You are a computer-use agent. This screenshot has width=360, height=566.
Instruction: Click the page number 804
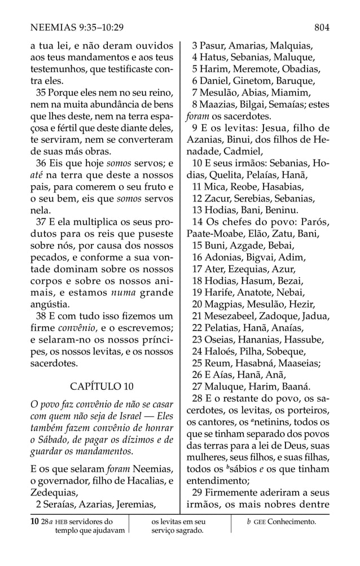click(x=322, y=27)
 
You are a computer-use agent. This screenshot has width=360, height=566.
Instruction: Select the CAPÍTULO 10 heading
click(x=102, y=387)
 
